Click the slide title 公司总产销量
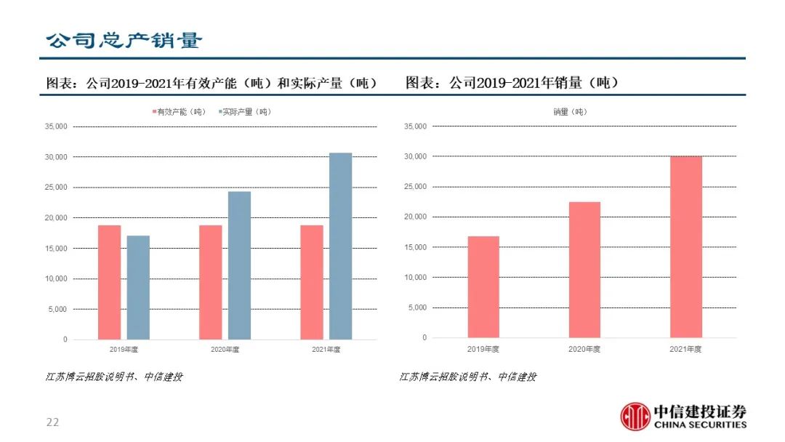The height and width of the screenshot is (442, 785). coord(124,41)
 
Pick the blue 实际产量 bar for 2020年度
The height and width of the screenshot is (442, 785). coord(239,265)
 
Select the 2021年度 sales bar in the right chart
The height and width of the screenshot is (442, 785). coord(686,247)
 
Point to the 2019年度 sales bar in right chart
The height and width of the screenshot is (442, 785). coord(483,286)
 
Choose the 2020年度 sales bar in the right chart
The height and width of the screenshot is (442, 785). coord(584,270)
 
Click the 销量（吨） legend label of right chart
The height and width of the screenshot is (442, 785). coord(570,112)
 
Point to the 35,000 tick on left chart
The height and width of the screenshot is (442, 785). coord(55,126)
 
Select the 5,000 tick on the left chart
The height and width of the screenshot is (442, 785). coord(57,309)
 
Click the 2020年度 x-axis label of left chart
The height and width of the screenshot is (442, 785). coord(225,350)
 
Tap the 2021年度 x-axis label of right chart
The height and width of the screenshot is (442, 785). coord(685,350)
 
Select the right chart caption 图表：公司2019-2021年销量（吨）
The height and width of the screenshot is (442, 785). coord(512,83)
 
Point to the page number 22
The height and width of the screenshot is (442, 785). coord(52,422)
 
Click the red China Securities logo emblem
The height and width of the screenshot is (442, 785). coord(635,416)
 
